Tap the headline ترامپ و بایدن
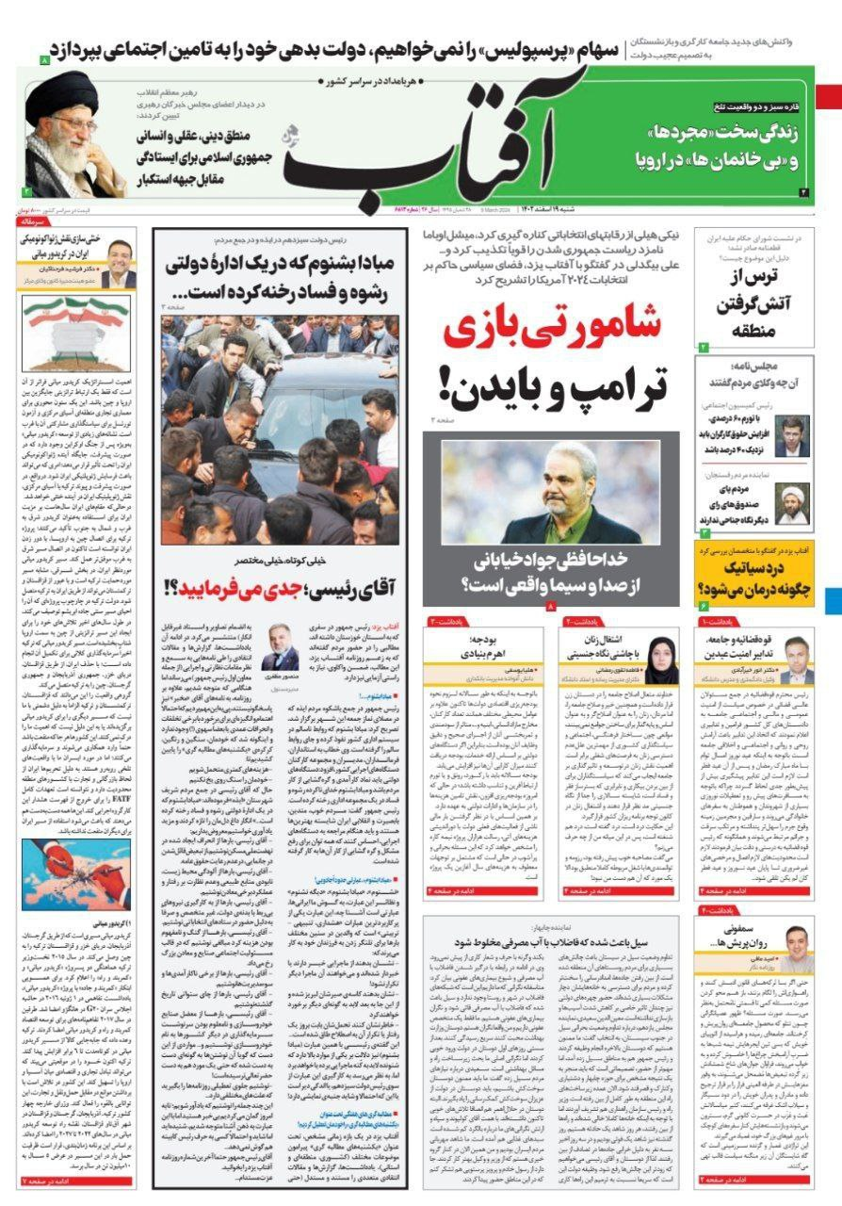click(550, 385)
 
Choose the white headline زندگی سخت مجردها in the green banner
click(720, 146)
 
